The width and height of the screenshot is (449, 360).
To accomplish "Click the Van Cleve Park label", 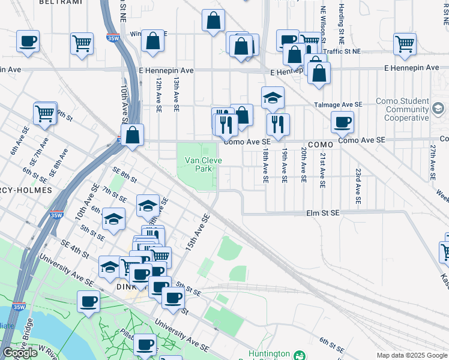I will tap(203, 164).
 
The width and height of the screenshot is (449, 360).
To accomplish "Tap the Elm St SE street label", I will tap(323, 213).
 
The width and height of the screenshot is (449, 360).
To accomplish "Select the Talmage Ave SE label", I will tap(339, 104).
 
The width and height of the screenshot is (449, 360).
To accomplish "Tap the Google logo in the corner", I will tap(20, 353).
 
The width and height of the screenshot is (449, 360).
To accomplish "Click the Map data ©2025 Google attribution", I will tap(412, 355).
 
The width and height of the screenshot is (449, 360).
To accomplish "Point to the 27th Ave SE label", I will tap(432, 161).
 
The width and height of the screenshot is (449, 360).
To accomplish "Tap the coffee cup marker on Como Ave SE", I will tap(343, 122).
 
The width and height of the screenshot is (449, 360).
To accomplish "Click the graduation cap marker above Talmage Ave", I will tap(273, 98).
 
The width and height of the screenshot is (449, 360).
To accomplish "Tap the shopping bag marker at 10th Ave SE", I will tap(133, 134).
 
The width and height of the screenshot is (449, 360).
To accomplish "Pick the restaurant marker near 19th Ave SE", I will tap(278, 125).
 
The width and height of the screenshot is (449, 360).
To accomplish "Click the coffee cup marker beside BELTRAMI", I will tap(29, 42).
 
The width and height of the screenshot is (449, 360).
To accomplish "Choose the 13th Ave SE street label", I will tap(176, 94).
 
